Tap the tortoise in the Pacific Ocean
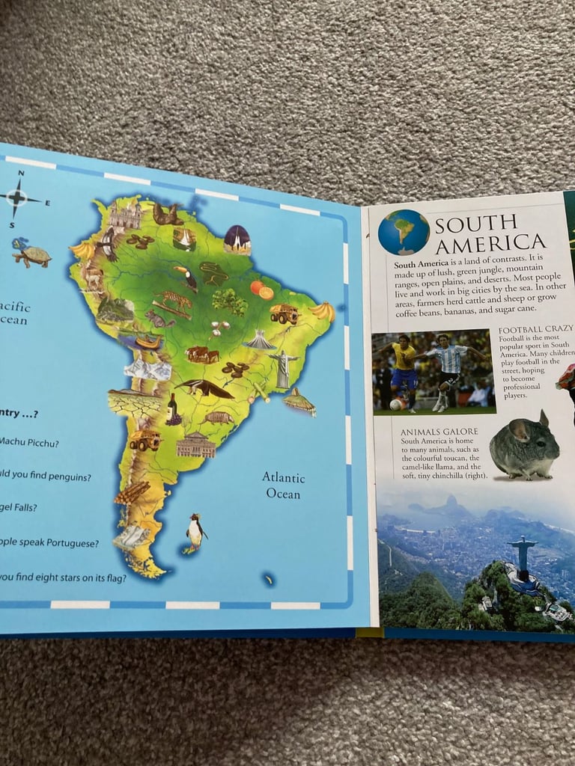coord(31,254)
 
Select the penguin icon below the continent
coord(195,532)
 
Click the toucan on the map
coord(186,278)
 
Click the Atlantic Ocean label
coord(282,485)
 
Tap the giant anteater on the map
coord(203,387)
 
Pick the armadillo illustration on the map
coord(219,417)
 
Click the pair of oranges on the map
coord(262,289)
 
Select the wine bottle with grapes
coord(173,410)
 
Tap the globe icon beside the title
coord(404,233)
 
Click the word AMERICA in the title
coord(491,242)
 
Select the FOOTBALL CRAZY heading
coord(535,329)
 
